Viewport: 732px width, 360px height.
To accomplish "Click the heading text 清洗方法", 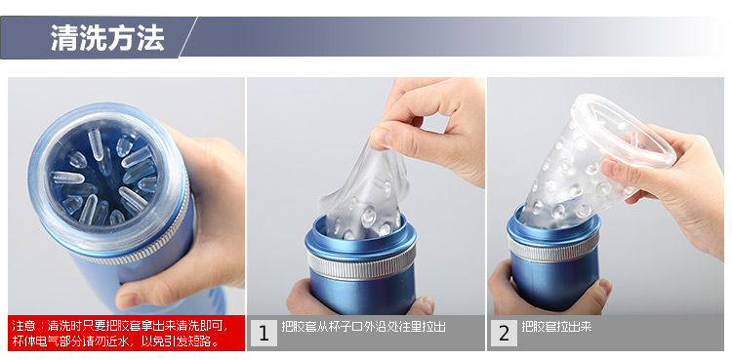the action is click(107, 38).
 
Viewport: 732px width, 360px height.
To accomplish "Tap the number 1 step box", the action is click(264, 333).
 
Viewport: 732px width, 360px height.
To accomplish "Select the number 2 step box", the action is click(504, 333).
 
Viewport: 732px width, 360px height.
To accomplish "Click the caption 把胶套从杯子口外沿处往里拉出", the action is click(364, 327).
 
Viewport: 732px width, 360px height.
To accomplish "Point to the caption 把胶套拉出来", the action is click(556, 327).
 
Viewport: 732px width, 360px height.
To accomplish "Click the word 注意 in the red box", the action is click(22, 326).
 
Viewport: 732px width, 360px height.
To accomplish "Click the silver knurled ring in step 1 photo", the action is click(361, 265).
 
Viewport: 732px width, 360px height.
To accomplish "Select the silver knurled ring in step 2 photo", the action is click(552, 247).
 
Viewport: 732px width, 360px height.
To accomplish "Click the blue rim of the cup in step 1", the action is click(360, 237).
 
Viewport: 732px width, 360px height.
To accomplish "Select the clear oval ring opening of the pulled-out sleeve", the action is click(625, 129).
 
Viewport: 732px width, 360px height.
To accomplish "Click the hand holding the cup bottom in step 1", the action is click(359, 299).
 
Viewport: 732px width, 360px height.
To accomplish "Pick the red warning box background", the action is click(127, 333).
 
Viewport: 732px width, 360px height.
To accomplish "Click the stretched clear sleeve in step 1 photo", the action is click(364, 191).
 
